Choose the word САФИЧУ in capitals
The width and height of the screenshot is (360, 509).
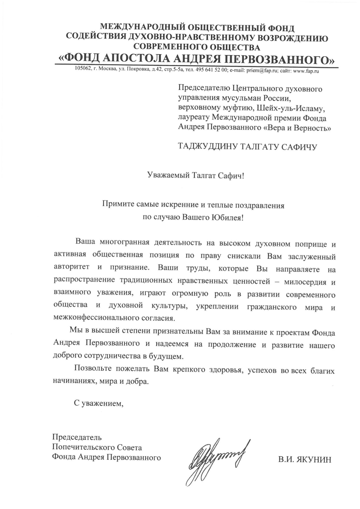pyautogui.click(x=299, y=147)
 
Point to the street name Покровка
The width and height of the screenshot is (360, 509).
pyautogui.click(x=140, y=70)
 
